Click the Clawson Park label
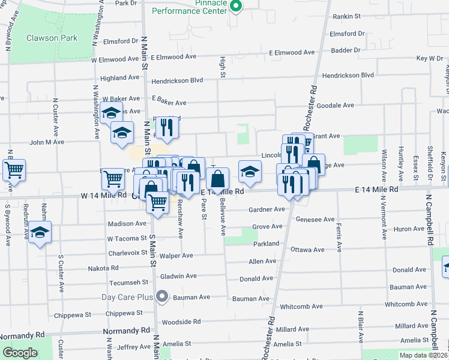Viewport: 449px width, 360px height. point(52,38)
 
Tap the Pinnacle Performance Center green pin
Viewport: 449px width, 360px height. point(236,7)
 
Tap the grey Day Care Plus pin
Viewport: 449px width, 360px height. point(161,296)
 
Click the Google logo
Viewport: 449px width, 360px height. point(20,353)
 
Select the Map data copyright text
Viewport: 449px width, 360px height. point(423,355)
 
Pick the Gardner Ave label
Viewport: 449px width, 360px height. point(267,209)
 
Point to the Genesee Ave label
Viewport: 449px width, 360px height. point(315,220)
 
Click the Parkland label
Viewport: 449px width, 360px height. point(266,244)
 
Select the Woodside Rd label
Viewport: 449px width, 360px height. point(181,322)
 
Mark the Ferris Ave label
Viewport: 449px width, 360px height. point(340,237)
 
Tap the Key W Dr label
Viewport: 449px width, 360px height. point(429,58)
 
